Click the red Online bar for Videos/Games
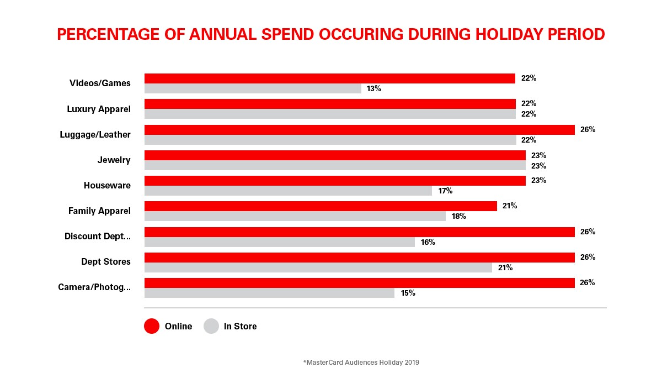click(x=329, y=78)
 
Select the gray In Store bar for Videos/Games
click(x=253, y=88)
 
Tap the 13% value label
click(x=373, y=88)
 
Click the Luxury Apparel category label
click(x=99, y=109)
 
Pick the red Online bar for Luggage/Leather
click(x=359, y=130)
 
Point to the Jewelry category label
click(x=114, y=160)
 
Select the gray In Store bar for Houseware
click(x=288, y=191)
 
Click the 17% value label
click(x=445, y=191)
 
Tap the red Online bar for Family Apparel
click(x=321, y=206)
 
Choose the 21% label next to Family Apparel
click(x=510, y=206)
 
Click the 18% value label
click(x=459, y=217)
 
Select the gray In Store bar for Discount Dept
click(x=279, y=242)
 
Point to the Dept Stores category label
click(x=106, y=262)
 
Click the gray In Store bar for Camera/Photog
click(x=269, y=293)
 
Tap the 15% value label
click(x=408, y=293)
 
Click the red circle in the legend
click(x=152, y=326)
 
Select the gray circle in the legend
click(x=211, y=326)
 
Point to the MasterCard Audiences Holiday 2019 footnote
click(x=361, y=363)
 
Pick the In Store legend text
click(x=240, y=326)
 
